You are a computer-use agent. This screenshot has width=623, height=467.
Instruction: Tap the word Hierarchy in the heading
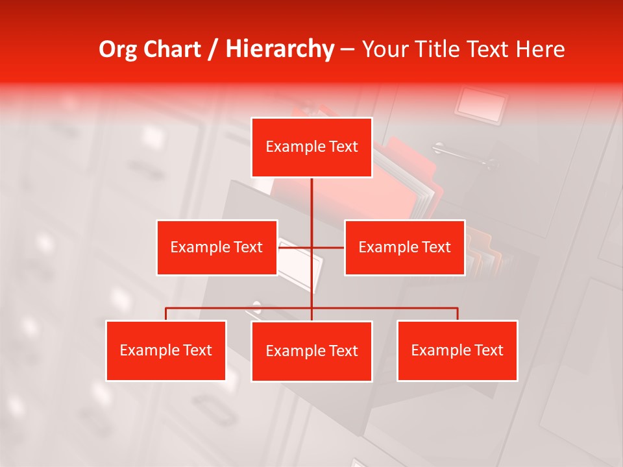[280, 49]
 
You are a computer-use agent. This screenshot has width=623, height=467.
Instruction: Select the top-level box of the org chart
[311, 147]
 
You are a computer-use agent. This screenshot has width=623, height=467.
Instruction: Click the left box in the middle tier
[217, 247]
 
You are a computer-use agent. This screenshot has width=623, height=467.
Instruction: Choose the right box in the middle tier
[404, 247]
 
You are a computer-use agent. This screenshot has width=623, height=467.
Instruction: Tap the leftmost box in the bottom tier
[166, 350]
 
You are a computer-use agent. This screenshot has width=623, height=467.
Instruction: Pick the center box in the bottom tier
[311, 351]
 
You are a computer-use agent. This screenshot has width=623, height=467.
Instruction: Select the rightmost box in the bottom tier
[458, 350]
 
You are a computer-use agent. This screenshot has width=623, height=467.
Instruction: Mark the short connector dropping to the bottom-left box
[166, 314]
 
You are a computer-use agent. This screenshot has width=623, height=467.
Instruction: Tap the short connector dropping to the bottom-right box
[458, 314]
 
